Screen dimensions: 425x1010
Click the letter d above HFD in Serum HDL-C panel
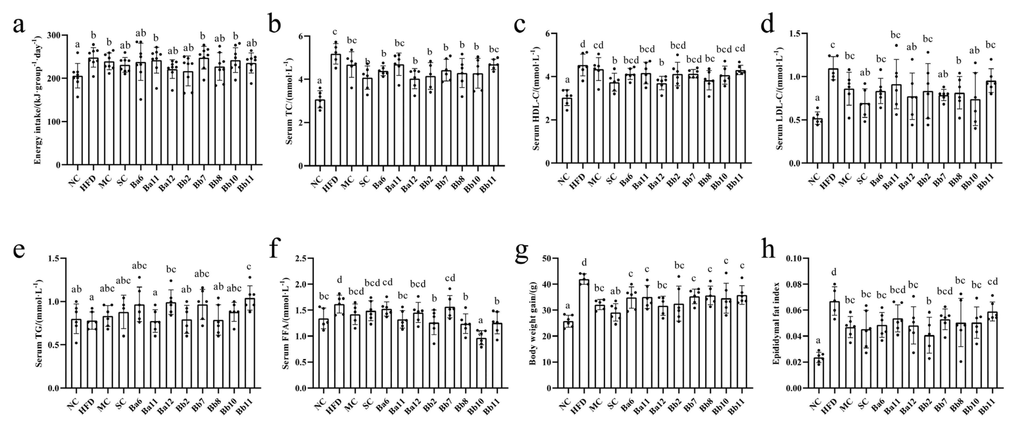pyautogui.click(x=583, y=44)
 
